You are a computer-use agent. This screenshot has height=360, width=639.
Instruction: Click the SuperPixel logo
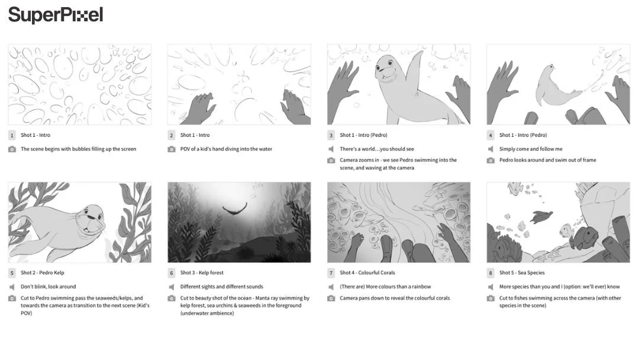coord(56,15)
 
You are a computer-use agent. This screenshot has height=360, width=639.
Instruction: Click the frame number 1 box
coord(12,135)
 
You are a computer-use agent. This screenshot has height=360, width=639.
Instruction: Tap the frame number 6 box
coord(172,273)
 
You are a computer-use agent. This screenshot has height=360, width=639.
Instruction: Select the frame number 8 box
coord(490,273)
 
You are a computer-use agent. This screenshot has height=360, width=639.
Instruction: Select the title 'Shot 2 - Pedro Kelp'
coord(43,273)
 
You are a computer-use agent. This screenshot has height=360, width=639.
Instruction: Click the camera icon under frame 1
coord(12,149)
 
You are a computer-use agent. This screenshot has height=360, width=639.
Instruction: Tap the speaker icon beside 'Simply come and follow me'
coord(490,149)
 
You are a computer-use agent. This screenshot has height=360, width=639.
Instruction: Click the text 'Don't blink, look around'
coord(49,287)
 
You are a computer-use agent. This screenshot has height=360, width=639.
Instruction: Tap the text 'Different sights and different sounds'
coord(221,287)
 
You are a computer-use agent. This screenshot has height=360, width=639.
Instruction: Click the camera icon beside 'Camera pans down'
coord(331,298)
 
